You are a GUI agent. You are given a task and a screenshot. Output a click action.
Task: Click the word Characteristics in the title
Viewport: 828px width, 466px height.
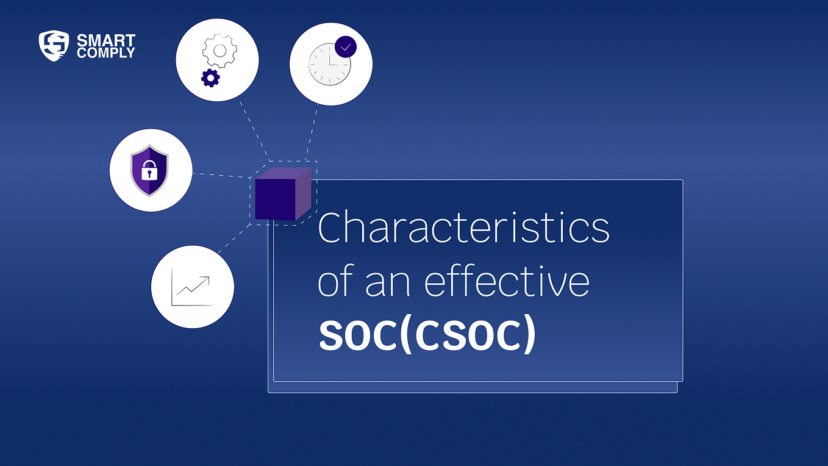463,228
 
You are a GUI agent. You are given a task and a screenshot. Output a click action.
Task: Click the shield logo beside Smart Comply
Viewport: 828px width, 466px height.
54,46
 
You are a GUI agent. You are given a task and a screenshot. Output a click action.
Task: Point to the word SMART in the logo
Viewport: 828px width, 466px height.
105,41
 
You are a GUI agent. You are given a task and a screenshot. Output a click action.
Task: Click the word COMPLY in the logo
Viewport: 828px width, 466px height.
105,52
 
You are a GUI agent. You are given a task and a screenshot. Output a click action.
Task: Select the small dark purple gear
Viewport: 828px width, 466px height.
210,78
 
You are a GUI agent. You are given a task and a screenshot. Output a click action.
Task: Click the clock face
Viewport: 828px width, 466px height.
329,63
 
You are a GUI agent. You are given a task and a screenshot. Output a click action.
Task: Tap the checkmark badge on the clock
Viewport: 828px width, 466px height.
345,47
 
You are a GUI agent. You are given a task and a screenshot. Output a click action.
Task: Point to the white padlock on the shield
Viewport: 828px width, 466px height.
149,173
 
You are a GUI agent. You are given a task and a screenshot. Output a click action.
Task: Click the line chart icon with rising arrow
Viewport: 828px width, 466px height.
191,287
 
